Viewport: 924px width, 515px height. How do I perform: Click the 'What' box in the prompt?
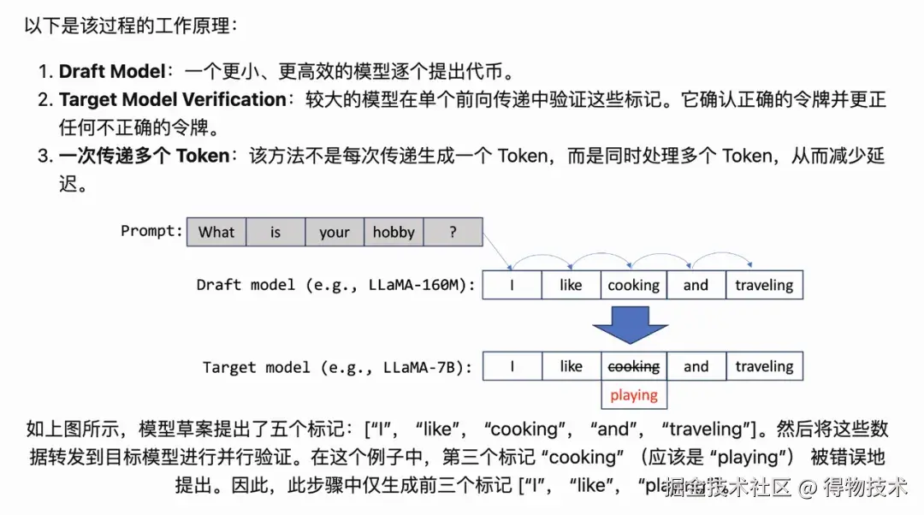[216, 232]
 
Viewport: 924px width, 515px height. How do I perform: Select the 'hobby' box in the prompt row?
[394, 232]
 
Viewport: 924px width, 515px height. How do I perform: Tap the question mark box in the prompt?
[453, 232]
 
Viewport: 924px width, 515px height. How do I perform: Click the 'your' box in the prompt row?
[335, 232]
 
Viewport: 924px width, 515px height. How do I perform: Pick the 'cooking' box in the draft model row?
[633, 286]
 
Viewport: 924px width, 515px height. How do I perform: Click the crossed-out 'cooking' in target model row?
[633, 366]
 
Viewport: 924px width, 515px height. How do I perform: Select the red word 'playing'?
[633, 395]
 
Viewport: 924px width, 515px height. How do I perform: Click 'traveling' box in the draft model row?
[764, 286]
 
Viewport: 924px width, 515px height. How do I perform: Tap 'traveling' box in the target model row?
[764, 366]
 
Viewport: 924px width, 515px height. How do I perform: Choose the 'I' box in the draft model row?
[512, 286]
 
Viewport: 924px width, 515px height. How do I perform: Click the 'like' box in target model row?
[571, 366]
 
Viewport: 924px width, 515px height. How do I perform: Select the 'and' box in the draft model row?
[696, 286]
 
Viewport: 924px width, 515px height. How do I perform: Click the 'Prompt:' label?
[151, 231]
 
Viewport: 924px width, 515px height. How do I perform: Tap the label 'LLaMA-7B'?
[425, 367]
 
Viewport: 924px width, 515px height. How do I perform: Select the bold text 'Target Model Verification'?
[172, 99]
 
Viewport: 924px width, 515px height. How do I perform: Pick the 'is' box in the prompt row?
[275, 232]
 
